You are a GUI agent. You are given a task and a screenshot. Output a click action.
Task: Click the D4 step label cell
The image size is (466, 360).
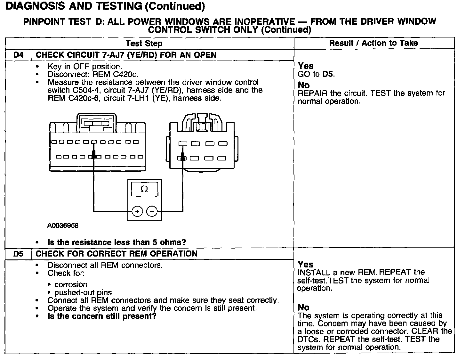click(19, 55)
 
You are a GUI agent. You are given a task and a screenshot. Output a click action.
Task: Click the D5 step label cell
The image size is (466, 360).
click(19, 254)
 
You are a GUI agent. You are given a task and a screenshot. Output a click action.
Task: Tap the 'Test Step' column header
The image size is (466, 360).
click(144, 44)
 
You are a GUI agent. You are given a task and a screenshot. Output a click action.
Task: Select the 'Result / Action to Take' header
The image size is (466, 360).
click(374, 43)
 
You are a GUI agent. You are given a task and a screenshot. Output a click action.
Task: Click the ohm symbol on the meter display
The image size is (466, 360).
click(144, 190)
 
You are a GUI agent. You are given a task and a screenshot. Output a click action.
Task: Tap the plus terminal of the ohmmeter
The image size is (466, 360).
click(137, 211)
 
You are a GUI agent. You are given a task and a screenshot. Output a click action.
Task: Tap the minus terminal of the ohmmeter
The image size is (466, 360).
click(152, 211)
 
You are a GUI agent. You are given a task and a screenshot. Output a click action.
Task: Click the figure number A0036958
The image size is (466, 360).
click(63, 226)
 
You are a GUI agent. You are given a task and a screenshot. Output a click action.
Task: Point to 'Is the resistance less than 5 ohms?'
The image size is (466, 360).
click(116, 242)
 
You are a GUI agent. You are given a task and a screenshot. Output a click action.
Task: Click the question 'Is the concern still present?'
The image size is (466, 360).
click(102, 316)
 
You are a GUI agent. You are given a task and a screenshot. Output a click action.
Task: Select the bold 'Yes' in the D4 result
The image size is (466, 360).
click(306, 66)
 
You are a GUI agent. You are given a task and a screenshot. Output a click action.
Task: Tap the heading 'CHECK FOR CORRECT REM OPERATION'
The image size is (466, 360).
click(116, 254)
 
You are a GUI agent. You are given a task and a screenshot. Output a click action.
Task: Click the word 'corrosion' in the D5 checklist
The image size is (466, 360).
click(71, 285)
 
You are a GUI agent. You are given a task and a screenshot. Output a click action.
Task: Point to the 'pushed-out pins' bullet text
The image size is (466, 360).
click(83, 293)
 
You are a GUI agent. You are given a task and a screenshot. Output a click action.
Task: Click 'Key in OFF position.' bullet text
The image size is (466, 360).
click(85, 67)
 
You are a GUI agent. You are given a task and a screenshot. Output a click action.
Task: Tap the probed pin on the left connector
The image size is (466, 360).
click(94, 157)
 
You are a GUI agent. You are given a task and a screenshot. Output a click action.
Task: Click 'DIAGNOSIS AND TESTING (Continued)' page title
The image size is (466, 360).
click(105, 6)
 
